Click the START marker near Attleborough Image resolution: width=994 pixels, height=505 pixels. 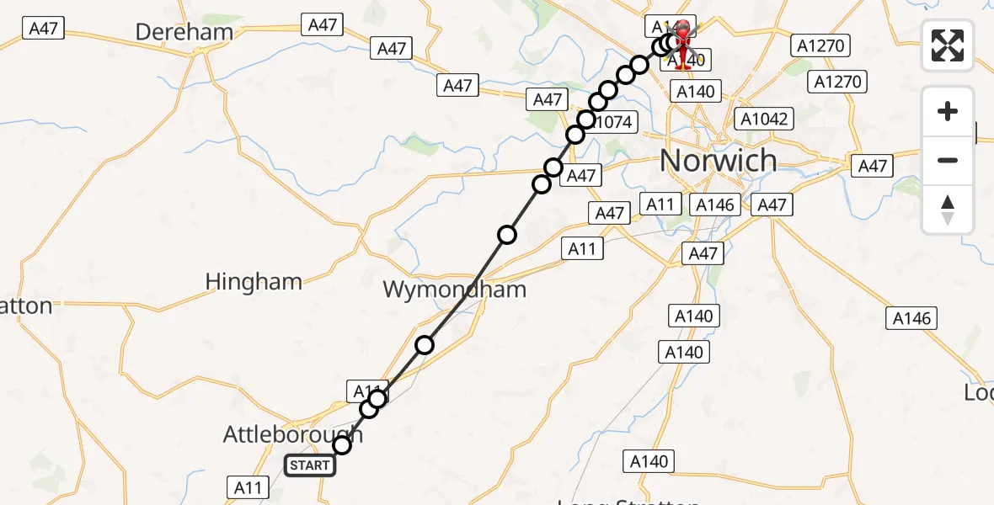click(309, 465)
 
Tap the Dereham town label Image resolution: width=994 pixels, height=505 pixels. click(184, 33)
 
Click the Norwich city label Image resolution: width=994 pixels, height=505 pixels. click(718, 159)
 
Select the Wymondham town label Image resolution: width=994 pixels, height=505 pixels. click(454, 290)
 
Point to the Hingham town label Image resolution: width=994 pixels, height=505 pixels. click(254, 281)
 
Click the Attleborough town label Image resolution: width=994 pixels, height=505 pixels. click(292, 434)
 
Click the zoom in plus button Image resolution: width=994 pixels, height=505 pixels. click(948, 111)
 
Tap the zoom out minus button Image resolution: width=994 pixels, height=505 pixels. click(948, 160)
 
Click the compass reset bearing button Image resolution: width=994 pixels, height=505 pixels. click(948, 210)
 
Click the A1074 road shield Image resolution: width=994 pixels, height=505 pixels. click(610, 122)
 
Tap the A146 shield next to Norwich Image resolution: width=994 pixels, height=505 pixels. click(715, 205)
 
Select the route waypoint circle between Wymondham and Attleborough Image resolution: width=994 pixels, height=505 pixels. click(425, 344)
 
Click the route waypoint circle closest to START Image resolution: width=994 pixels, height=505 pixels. click(342, 445)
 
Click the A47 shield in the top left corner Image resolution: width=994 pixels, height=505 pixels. click(43, 29)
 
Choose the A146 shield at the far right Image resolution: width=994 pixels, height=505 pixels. click(912, 318)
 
